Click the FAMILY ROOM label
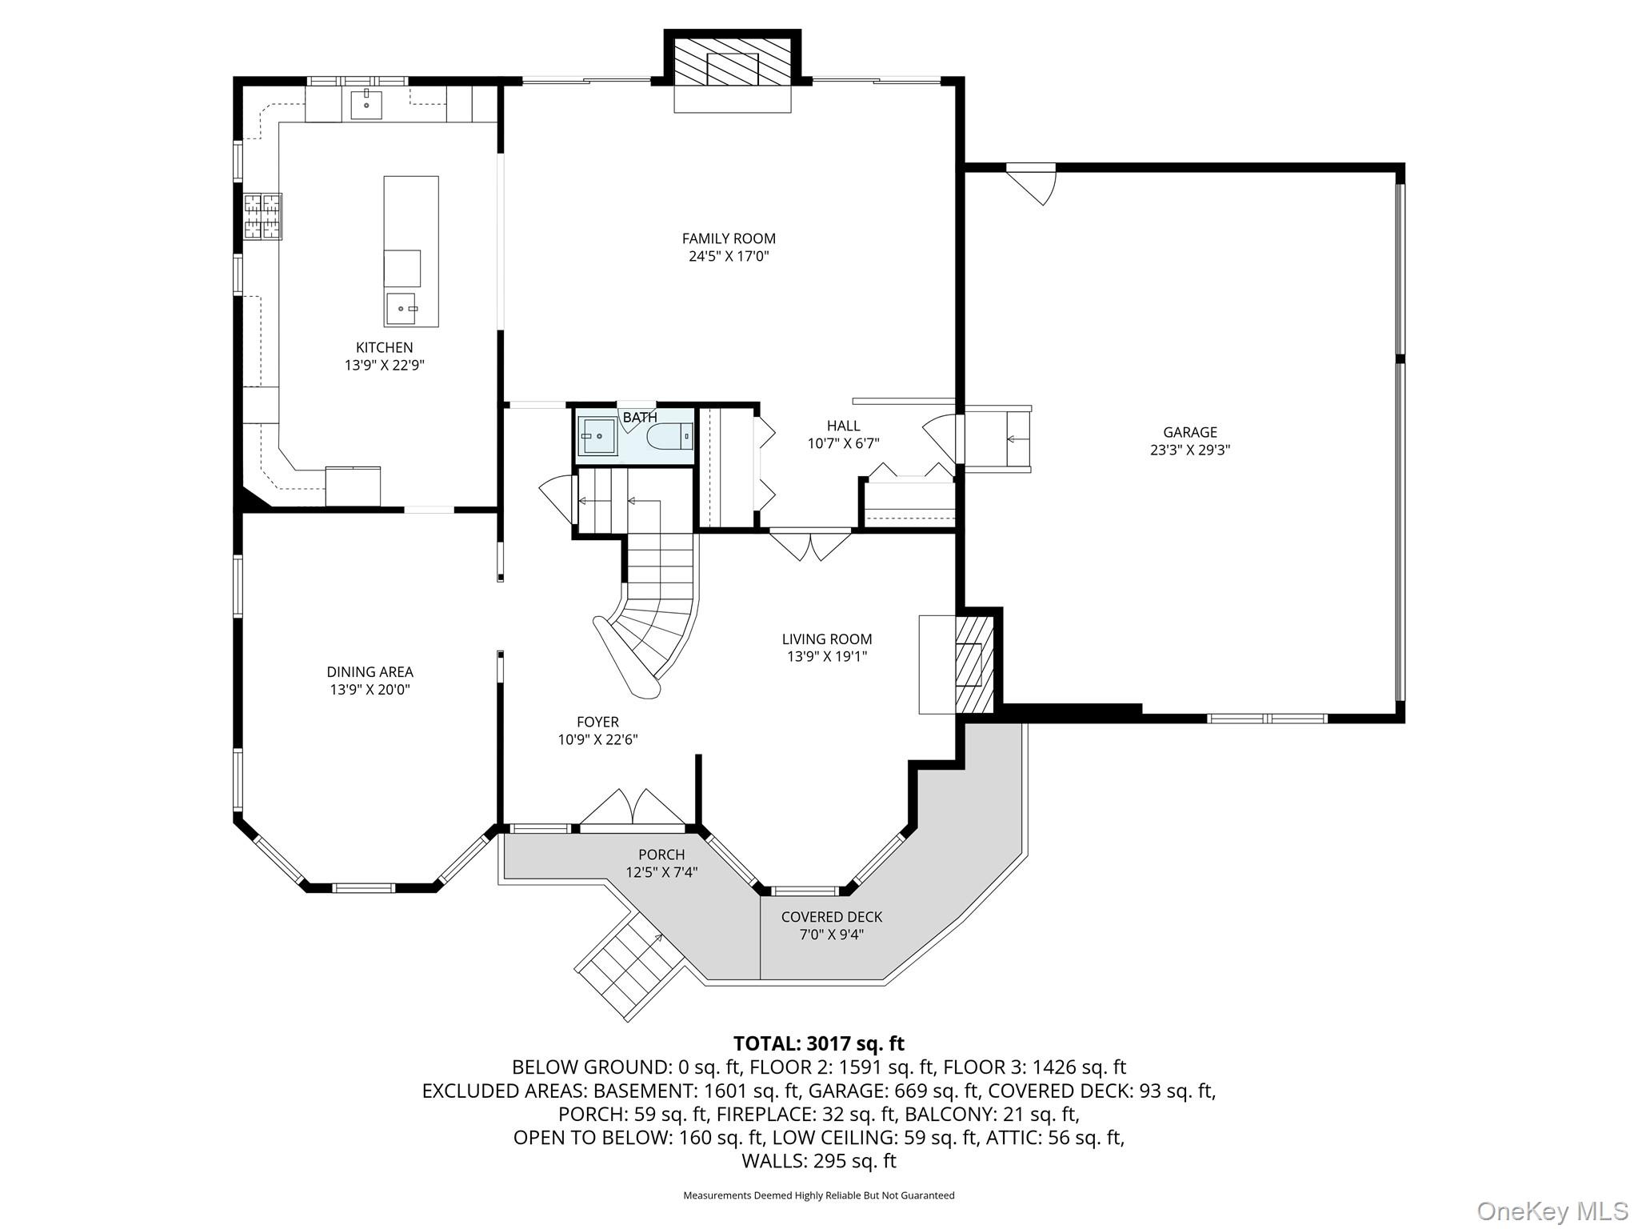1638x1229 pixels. pos(729,238)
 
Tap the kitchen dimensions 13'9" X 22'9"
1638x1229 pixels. pos(384,366)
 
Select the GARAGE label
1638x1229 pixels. pos(1190,433)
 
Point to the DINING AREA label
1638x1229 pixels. pos(370,672)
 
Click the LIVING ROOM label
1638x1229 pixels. pos(827,639)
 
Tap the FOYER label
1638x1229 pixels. pos(597,723)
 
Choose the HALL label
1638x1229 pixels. pos(844,426)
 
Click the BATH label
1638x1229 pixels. pos(640,418)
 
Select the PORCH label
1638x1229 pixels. pos(661,855)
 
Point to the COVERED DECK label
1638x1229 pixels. pos(832,917)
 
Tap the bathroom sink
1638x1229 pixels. pos(597,436)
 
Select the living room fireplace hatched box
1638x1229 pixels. pos(974,664)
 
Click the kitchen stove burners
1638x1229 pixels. pos(263,216)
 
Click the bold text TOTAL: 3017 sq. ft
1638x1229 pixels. pos(818,1043)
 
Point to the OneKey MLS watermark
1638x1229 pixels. pos(1552,1211)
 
